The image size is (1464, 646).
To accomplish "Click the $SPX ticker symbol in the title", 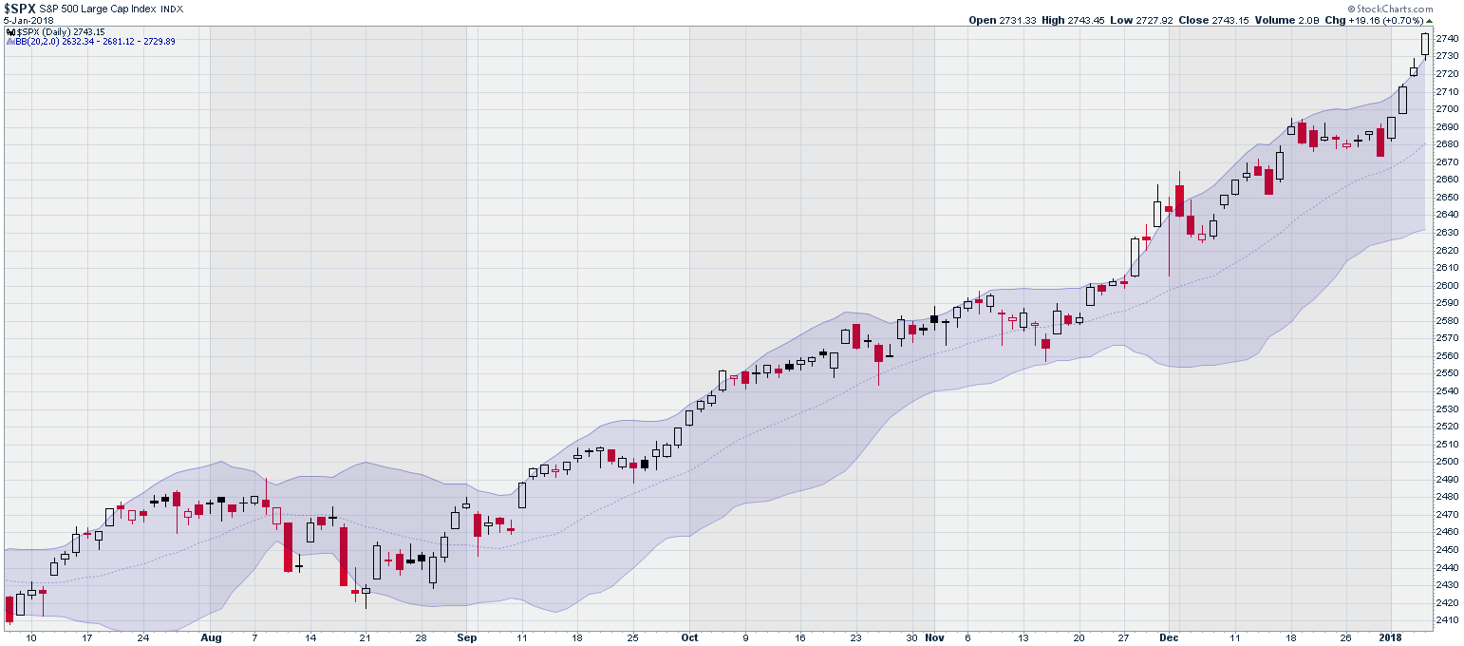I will (x=21, y=8).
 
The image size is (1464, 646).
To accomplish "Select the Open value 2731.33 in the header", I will (x=1012, y=20).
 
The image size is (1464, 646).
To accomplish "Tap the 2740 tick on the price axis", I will (x=1446, y=38).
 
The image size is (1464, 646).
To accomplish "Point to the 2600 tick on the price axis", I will (x=1446, y=285).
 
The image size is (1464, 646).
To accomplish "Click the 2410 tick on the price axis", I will (x=1446, y=620).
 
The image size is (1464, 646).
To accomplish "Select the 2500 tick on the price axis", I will (x=1446, y=462).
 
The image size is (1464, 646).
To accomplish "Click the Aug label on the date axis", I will (x=211, y=637).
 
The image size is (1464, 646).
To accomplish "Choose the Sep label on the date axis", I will (x=466, y=637).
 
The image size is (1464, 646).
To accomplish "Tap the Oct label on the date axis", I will (x=690, y=637).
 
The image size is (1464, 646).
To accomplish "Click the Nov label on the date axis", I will (x=935, y=637).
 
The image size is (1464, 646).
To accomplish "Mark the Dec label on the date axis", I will (x=1170, y=637).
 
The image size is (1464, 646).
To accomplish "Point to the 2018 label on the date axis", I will (x=1391, y=637).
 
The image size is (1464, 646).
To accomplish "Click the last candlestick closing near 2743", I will (x=1425, y=44).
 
